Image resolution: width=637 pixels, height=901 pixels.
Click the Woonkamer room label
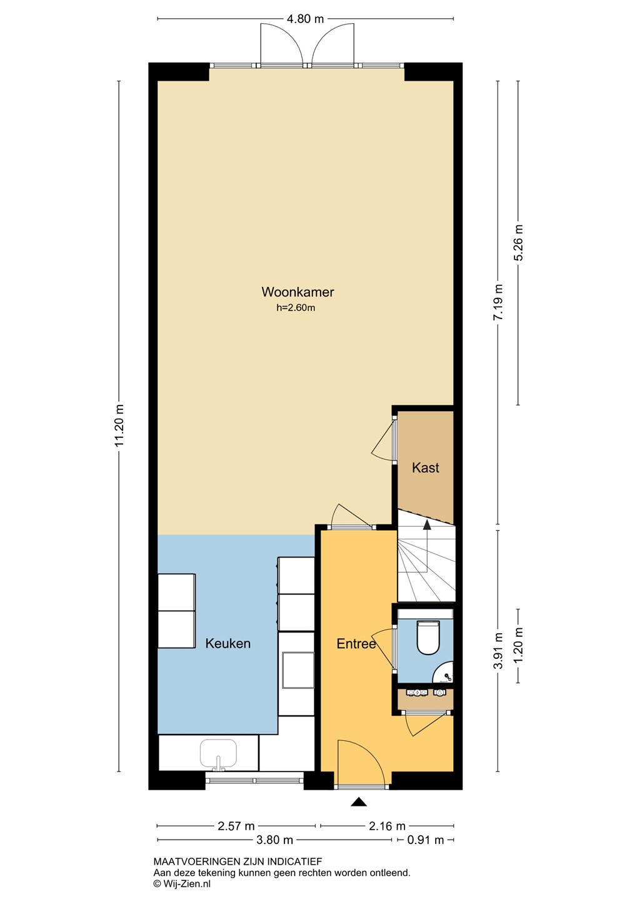click(x=298, y=292)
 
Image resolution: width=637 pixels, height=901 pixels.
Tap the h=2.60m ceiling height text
click(x=296, y=308)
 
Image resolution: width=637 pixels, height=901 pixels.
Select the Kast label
click(x=425, y=467)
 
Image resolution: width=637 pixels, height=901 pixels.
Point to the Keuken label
click(x=228, y=643)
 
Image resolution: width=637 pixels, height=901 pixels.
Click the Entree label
click(x=356, y=644)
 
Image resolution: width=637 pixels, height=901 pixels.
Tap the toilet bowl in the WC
click(x=429, y=637)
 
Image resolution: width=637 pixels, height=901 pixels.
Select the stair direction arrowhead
click(x=427, y=524)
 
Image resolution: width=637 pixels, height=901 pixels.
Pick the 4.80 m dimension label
click(x=306, y=19)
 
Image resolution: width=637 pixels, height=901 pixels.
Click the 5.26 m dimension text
click(x=518, y=243)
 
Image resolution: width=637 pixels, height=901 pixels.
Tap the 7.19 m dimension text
click(x=498, y=302)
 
